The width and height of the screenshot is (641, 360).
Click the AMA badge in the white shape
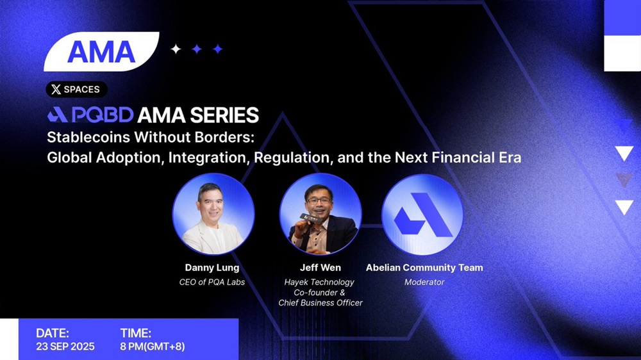click(101, 51)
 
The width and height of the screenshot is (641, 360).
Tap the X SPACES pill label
click(76, 90)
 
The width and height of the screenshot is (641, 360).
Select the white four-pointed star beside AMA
click(176, 49)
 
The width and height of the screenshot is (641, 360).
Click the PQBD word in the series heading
click(103, 115)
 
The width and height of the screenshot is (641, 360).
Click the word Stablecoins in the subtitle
click(88, 137)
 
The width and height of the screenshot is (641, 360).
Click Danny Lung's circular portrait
click(213, 214)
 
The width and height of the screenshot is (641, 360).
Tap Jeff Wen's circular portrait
click(320, 214)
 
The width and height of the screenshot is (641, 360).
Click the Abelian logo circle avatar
click(422, 215)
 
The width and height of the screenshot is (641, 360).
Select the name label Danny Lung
click(212, 268)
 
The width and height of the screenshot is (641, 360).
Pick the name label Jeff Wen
click(320, 268)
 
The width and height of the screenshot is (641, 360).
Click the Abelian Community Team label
click(424, 268)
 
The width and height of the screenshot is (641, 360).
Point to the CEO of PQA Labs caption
click(212, 282)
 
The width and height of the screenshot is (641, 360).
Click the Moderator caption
click(424, 282)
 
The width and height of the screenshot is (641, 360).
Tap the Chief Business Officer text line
click(320, 303)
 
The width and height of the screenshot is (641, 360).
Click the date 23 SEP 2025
click(65, 347)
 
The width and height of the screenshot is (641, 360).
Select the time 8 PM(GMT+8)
click(153, 347)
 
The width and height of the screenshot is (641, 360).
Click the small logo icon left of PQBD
click(57, 115)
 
